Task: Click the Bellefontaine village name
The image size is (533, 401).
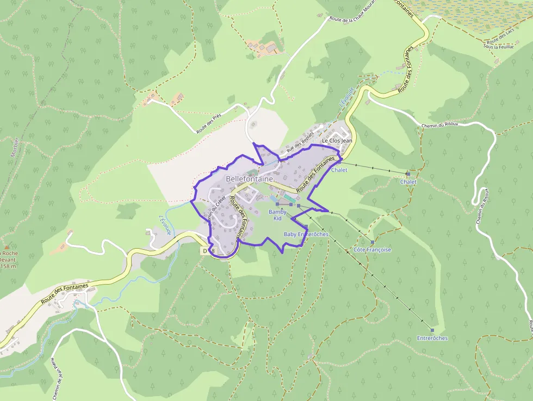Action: tap(249, 178)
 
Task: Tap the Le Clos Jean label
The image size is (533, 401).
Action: tap(337, 140)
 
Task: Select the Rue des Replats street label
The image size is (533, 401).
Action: tap(300, 141)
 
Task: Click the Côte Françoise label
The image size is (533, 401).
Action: tap(372, 250)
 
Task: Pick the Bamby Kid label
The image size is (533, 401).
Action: tap(277, 214)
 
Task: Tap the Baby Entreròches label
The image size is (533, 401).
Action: tap(306, 234)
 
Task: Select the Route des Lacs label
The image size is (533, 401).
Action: tap(501, 37)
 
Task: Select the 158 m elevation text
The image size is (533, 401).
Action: tap(8, 266)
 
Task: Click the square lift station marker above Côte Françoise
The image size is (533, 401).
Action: tap(373, 242)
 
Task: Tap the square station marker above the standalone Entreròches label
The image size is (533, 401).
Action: tap(432, 330)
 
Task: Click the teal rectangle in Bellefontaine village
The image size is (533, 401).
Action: tap(286, 197)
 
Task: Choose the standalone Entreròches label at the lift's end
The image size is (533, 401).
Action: tap(432, 338)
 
